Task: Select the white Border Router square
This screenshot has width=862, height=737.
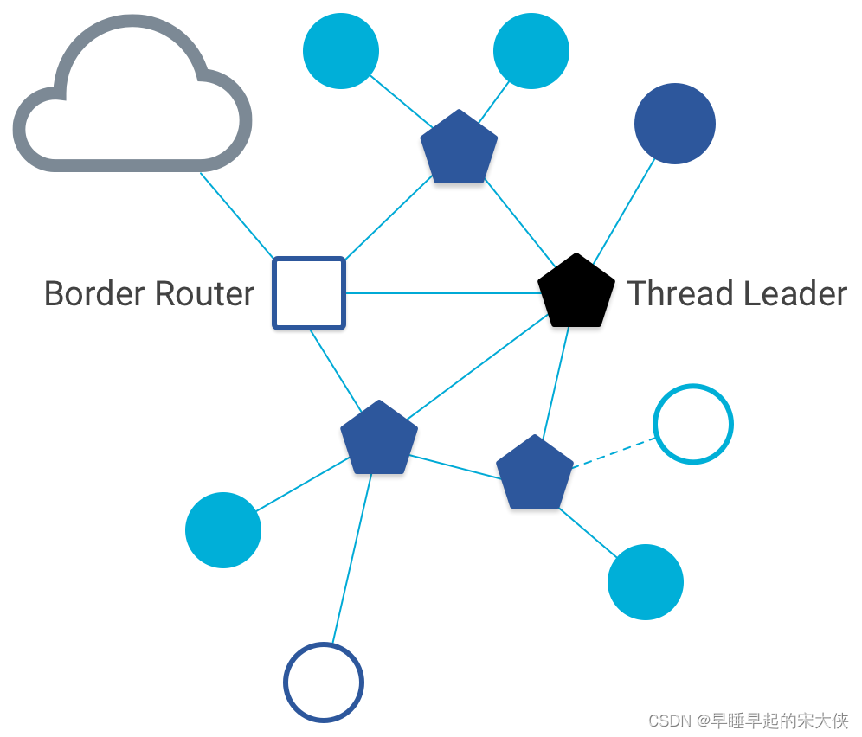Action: pos(309,293)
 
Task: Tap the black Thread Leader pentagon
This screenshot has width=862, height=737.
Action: pos(576,293)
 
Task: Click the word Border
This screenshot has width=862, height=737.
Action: pos(92,294)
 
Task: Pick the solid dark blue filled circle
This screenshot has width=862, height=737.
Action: pos(674,124)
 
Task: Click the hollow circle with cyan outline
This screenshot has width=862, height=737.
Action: pos(693,424)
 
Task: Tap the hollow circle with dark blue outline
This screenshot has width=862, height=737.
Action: pos(324,683)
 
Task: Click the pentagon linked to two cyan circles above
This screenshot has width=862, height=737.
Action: pos(459,148)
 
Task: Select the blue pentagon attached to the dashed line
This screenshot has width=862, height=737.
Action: pos(535,472)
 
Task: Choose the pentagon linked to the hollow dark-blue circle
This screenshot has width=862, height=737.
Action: pos(379,439)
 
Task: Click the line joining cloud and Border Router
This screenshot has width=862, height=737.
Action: pos(237,215)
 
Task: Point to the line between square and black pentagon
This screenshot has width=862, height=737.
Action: pos(441,293)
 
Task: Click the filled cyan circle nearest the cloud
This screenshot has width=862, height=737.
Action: pos(341,51)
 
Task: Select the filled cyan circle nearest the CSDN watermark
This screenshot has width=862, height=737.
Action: pos(646,582)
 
